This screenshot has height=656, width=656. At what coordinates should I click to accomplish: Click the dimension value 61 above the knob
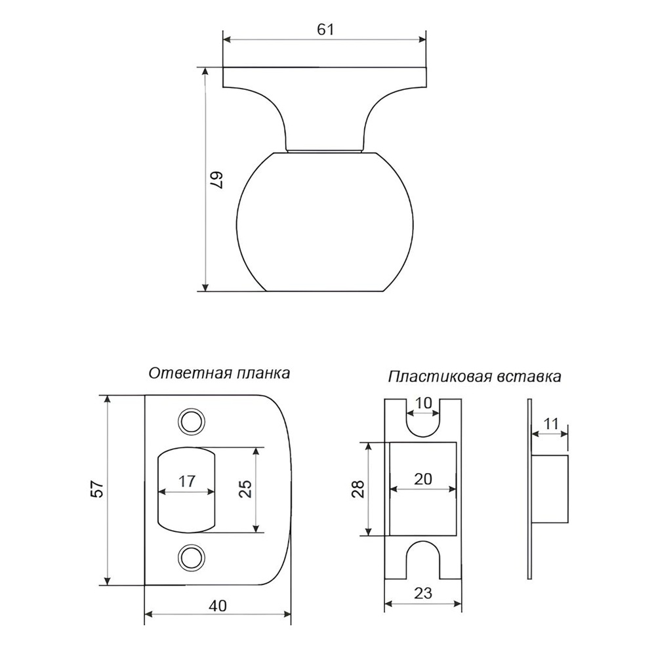[x=325, y=30]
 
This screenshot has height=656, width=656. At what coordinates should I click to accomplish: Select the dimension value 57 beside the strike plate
[x=96, y=489]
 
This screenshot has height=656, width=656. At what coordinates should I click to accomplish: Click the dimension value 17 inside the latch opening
[x=186, y=481]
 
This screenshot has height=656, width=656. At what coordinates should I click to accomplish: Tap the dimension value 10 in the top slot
[x=423, y=403]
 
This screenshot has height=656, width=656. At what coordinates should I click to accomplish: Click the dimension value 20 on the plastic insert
[x=422, y=479]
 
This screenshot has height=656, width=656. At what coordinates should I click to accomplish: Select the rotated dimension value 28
[x=358, y=489]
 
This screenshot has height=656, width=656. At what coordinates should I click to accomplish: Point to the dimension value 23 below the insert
[x=422, y=593]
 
